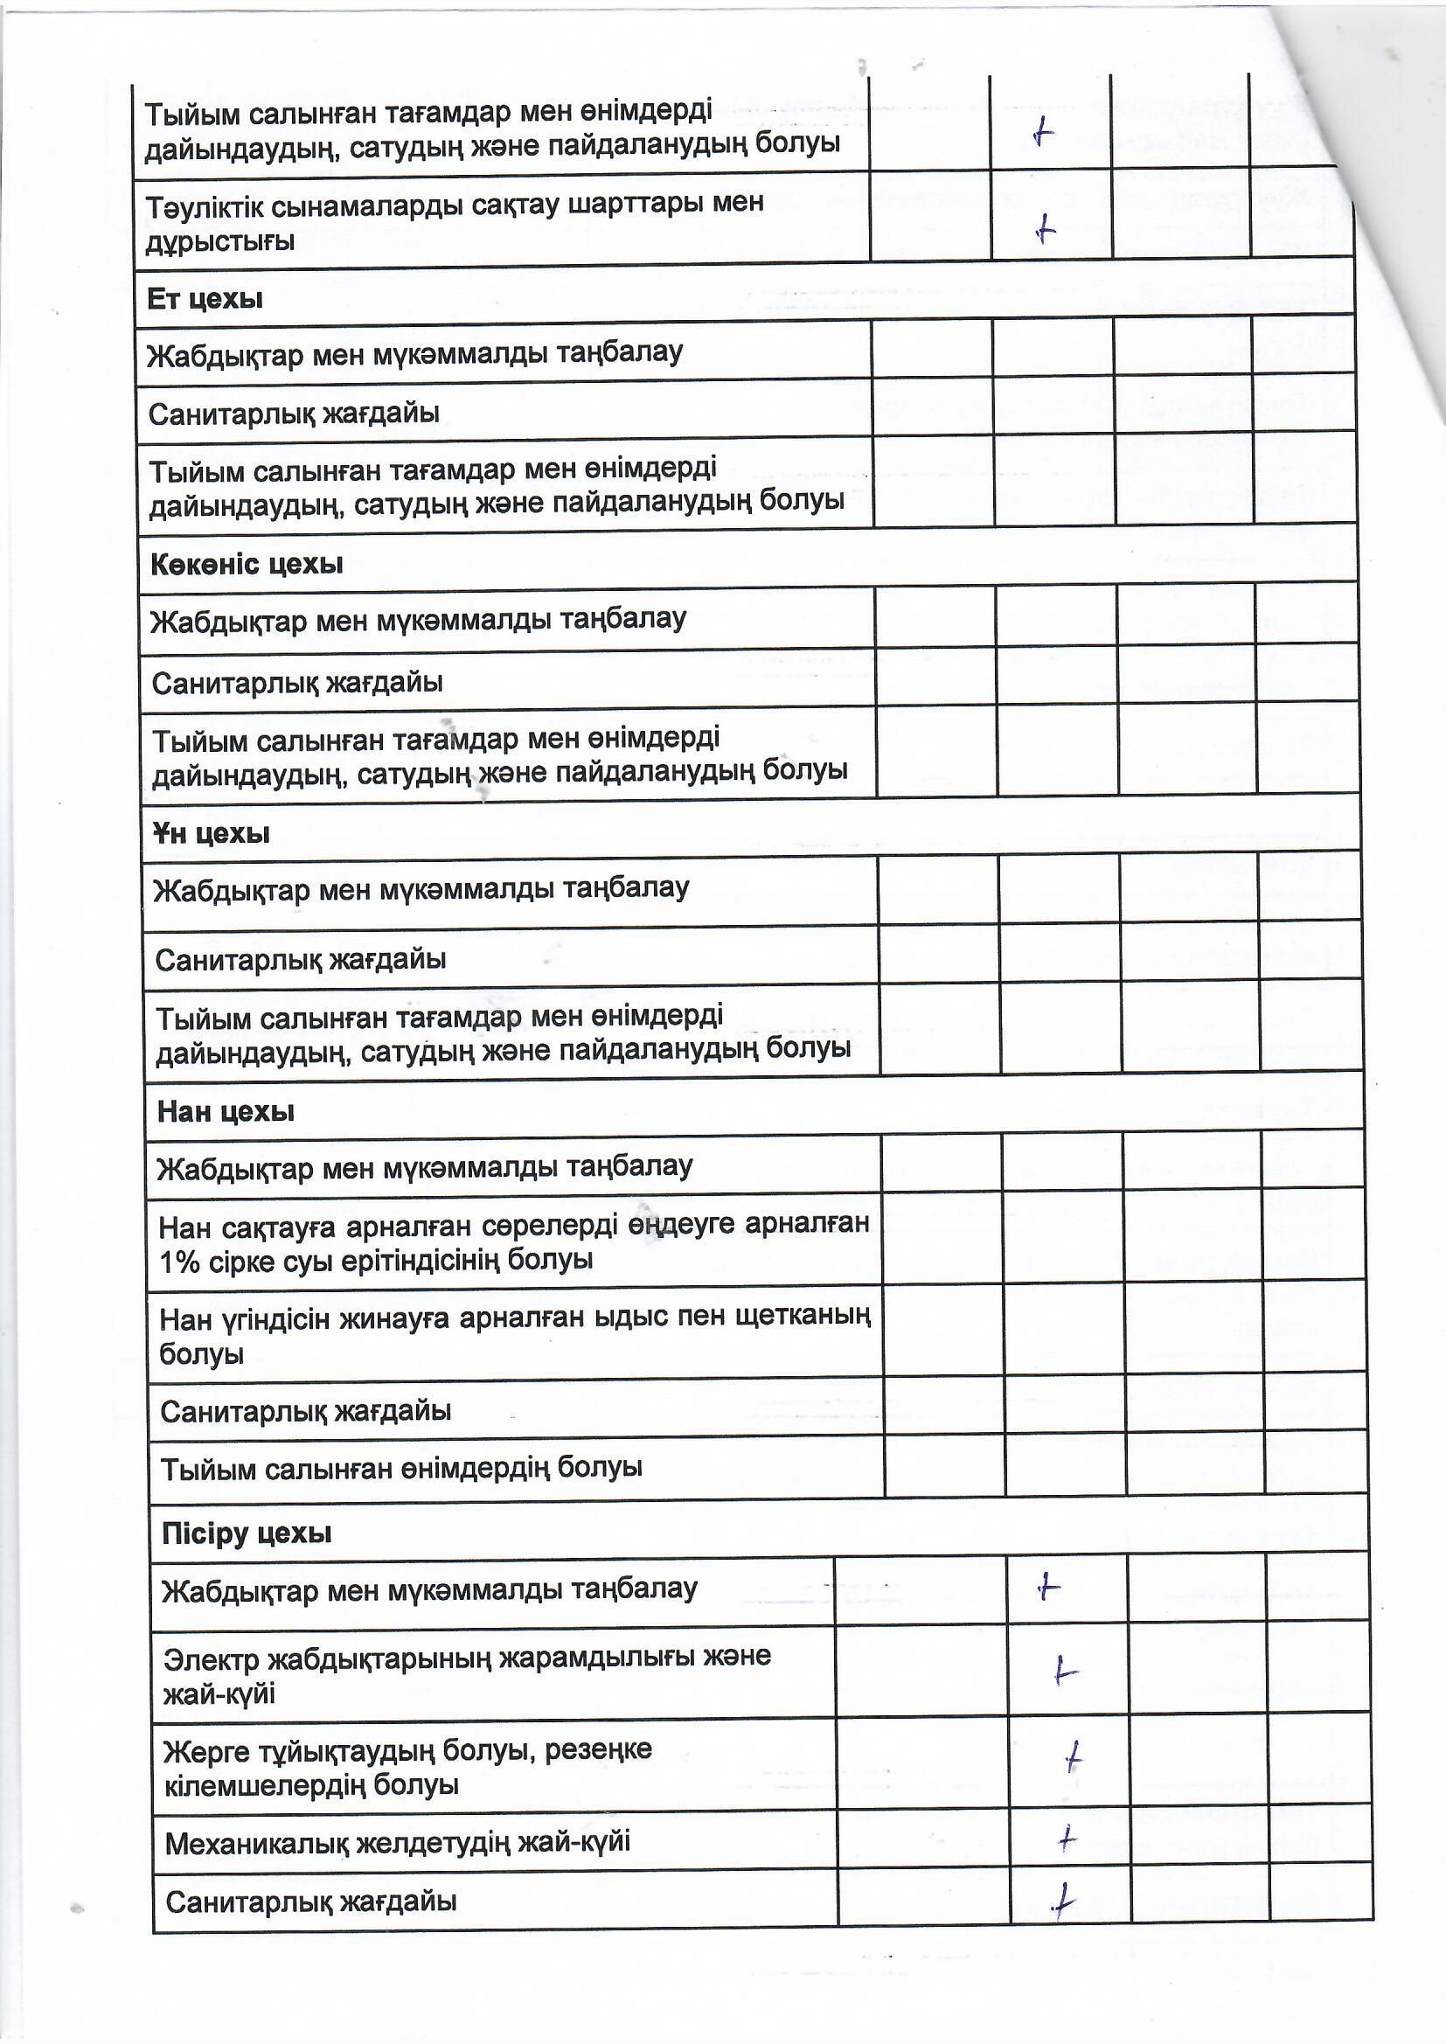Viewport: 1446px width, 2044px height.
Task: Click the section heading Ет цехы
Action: click(x=205, y=299)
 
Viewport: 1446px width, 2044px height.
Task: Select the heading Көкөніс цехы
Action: click(x=247, y=565)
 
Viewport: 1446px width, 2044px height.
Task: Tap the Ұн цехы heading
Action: click(x=211, y=834)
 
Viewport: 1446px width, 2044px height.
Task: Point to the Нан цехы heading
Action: click(x=226, y=1112)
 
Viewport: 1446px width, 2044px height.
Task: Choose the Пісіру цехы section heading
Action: click(x=247, y=1533)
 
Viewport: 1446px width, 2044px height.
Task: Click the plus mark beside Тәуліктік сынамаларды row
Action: click(x=1046, y=231)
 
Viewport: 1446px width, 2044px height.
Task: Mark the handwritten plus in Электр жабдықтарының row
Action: click(x=1064, y=1671)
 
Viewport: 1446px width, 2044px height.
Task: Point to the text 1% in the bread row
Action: click(x=179, y=1262)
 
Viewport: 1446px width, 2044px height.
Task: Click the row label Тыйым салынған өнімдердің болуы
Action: click(x=400, y=1468)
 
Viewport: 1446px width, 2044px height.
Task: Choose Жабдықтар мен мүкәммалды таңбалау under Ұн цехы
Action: click(x=421, y=889)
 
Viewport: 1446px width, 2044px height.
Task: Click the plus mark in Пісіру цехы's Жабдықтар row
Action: click(x=1049, y=1587)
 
